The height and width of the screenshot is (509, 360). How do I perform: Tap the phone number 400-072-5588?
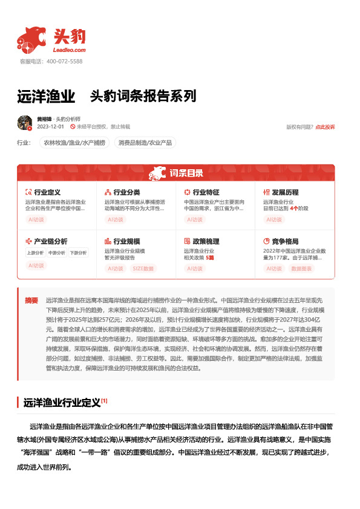pos(59,62)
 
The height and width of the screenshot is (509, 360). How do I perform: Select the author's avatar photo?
pos(25,123)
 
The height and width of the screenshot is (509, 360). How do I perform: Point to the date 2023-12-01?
pos(51,127)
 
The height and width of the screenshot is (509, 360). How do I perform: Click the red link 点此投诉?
pos(325,127)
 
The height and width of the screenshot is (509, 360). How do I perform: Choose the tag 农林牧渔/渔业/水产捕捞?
pos(74,143)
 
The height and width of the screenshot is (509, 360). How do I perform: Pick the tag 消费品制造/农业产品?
pos(145,143)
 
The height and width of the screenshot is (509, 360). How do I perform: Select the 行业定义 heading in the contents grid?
pos(47,192)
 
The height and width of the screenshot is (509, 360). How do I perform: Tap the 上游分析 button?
pos(35,253)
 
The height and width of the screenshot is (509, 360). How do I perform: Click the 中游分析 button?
pos(56,253)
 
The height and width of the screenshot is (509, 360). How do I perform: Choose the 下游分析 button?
pos(77,253)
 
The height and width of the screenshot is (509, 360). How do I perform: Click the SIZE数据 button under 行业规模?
pos(143,268)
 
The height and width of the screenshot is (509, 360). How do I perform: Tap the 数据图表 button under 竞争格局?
pos(303,268)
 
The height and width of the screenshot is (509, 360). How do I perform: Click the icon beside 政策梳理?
pos(187,241)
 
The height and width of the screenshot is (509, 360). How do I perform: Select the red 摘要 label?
pos(31,300)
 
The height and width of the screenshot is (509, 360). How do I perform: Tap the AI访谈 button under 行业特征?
pos(195,220)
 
